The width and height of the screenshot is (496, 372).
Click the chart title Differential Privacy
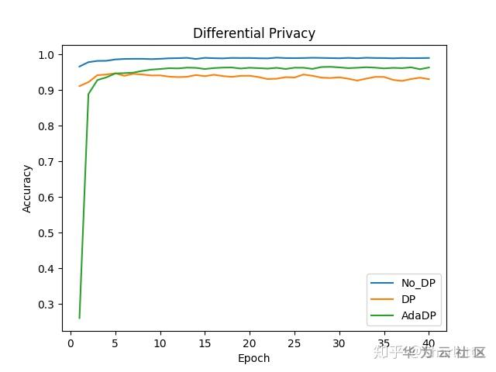[254, 33]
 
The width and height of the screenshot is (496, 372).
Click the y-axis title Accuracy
[27, 188]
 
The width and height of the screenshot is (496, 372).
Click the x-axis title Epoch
[254, 358]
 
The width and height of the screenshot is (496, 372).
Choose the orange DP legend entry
[408, 299]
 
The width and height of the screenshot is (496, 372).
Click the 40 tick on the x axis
[429, 343]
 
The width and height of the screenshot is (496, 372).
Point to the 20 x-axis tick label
[250, 343]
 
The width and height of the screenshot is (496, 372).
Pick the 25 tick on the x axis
[294, 343]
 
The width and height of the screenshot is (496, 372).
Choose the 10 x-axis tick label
[160, 343]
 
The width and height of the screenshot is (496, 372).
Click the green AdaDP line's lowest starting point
[79, 318]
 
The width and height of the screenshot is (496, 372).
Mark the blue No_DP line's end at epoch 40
[429, 58]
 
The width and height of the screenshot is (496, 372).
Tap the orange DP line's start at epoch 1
[79, 86]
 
